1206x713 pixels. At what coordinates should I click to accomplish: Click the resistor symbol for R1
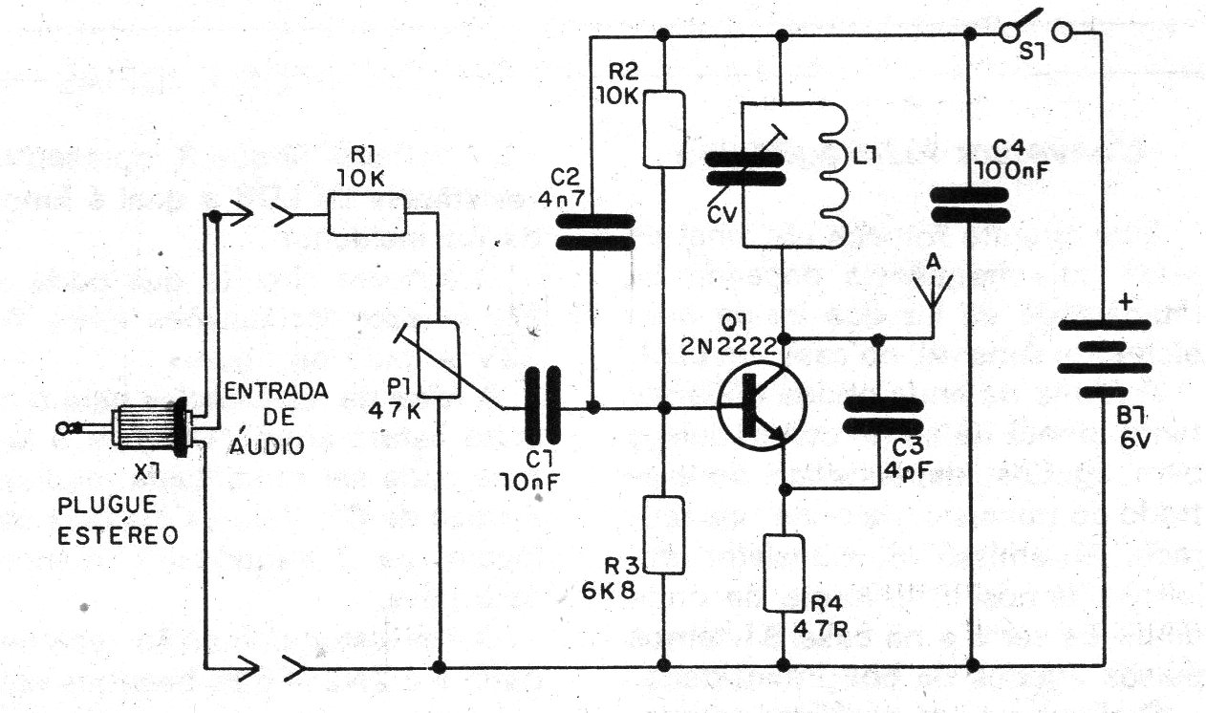coord(367,214)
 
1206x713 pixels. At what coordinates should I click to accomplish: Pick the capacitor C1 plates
coord(542,406)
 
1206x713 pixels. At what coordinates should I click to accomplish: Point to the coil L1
coord(833,172)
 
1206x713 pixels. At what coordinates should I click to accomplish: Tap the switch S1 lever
coord(1034,21)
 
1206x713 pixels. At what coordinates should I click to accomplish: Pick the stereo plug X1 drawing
coord(134,430)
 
